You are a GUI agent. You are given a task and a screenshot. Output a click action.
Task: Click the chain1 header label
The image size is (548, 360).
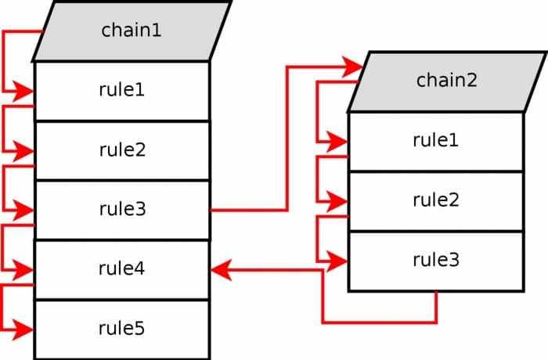coord(132,31)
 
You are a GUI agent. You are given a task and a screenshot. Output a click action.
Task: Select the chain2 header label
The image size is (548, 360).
coord(446,81)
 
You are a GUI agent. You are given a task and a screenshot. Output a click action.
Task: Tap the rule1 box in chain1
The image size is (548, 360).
coord(121,90)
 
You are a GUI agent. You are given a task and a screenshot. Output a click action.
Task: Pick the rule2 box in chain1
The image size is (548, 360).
coord(121,150)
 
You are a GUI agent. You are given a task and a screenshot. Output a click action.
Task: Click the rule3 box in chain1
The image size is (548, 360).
coord(121,210)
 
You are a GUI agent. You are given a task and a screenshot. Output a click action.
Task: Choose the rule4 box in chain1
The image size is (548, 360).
coord(121,269)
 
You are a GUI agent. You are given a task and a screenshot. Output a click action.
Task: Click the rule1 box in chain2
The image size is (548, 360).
coord(435,141)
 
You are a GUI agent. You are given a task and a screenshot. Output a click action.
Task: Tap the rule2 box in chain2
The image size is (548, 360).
coord(435,200)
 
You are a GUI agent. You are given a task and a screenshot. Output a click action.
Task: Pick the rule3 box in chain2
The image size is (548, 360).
coord(435,261)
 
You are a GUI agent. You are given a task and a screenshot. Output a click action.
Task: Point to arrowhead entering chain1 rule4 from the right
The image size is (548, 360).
coord(221,269)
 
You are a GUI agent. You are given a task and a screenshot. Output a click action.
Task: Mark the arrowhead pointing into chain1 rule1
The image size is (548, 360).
coord(25,92)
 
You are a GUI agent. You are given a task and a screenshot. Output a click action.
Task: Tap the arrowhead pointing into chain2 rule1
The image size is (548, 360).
coord(338,142)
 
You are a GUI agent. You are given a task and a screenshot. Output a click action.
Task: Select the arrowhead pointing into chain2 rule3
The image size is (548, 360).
coord(338,261)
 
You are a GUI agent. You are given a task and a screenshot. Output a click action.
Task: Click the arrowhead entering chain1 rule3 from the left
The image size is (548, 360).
coord(25,211)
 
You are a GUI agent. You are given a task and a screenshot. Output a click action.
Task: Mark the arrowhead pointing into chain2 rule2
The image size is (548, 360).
coord(338,201)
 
